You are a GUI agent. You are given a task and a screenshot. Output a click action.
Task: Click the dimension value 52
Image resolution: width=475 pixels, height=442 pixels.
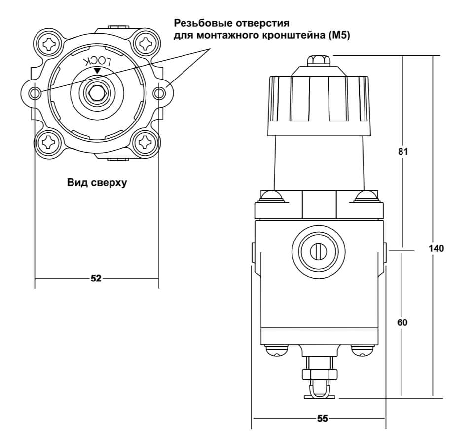point(96,279)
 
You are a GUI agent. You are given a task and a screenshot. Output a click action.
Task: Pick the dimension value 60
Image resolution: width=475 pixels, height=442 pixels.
point(402,322)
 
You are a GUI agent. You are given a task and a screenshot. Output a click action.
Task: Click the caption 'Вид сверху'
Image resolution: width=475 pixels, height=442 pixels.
point(97,183)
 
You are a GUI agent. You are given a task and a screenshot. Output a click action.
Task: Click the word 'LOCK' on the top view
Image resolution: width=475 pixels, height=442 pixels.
point(98,61)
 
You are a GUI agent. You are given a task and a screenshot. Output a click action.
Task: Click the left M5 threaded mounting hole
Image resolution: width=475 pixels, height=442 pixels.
point(35,93)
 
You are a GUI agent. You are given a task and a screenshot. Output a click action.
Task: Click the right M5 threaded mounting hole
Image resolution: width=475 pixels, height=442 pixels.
point(160,93)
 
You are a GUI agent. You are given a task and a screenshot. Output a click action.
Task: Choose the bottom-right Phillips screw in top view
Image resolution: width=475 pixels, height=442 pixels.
point(146,142)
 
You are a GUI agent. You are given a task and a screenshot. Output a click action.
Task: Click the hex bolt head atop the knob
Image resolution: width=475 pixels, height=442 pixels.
point(318,61)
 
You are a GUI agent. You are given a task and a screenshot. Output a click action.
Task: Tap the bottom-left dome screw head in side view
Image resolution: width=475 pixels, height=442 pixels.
point(277,350)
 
